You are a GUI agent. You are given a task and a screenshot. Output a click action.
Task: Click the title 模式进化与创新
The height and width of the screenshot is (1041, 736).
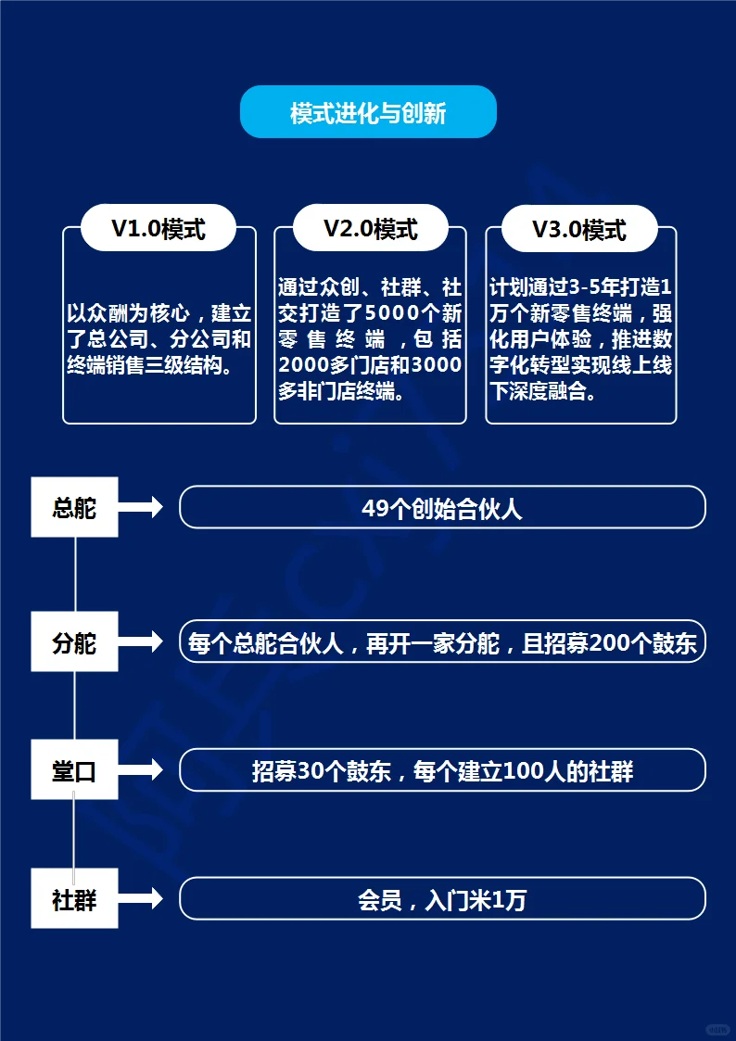point(368,113)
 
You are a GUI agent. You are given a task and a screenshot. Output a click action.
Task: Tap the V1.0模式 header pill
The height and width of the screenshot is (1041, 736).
point(159,228)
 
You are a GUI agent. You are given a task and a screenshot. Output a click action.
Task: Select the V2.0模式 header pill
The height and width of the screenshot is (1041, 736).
point(370,228)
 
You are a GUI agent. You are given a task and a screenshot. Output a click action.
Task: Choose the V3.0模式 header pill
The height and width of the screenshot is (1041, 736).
point(579,229)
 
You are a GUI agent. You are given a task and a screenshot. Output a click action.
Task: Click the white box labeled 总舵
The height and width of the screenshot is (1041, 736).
point(74,507)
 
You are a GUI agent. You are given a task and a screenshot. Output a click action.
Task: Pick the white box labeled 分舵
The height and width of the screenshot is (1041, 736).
point(74,642)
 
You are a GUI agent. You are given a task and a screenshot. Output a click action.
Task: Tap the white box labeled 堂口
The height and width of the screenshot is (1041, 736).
point(74,769)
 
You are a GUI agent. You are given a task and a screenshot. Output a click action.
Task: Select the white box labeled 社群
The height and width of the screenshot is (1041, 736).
point(74,898)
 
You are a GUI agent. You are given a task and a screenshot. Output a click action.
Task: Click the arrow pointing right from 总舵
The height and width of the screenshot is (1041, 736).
point(141,507)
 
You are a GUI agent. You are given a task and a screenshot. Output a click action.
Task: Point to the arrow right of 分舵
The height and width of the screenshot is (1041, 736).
point(141,641)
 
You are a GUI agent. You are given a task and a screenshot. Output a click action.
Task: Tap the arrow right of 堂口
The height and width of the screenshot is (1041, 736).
point(141,769)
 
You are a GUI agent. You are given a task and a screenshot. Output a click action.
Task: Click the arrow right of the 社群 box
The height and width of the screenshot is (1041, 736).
point(141,898)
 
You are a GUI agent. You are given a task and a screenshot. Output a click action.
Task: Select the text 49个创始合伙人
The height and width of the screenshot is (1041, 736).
point(442,509)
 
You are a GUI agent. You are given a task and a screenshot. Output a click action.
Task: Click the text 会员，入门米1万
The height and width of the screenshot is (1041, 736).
point(442,900)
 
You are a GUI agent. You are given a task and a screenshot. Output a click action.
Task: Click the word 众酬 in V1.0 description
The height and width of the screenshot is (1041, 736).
point(108,313)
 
